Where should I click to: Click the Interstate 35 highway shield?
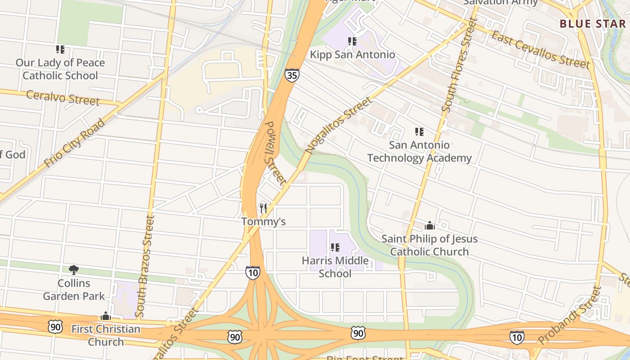[x=292, y=75]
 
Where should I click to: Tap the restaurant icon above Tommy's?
[x=263, y=208]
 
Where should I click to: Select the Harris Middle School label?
[x=335, y=267]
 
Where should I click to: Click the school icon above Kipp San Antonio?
[x=352, y=41]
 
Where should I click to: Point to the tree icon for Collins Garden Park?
[x=74, y=270]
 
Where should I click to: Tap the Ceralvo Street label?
[x=63, y=97]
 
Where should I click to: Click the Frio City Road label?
[x=75, y=143]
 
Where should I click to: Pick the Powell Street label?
[x=274, y=153]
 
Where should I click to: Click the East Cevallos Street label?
[x=540, y=49]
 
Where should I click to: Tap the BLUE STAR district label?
[x=593, y=24]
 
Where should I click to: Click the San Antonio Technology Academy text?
[x=419, y=152]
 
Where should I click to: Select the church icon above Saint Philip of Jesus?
[x=430, y=225]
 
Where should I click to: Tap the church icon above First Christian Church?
[x=106, y=316]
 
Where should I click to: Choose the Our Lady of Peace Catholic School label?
[x=60, y=69]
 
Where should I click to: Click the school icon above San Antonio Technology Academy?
[x=419, y=132]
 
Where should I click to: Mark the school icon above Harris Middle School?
[x=335, y=247]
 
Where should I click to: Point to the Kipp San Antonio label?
[x=352, y=55]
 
